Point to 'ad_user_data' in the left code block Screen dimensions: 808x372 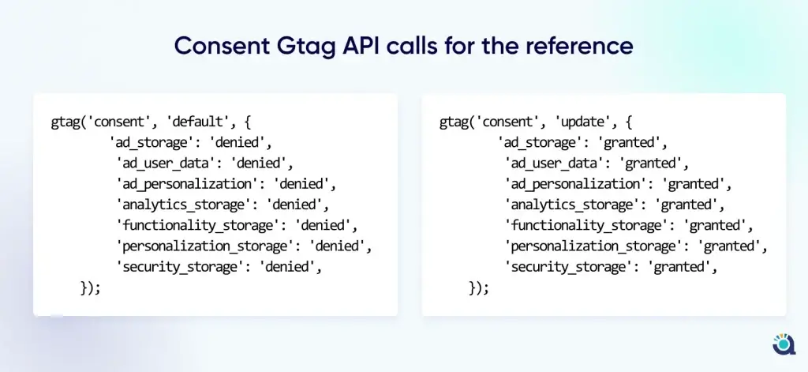(x=165, y=163)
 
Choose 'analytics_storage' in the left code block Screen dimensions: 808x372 (x=183, y=205)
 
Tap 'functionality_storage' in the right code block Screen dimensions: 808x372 (x=585, y=225)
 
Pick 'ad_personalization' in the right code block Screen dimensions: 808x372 (x=575, y=184)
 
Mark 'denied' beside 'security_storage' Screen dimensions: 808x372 (x=288, y=267)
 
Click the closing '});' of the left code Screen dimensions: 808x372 (x=90, y=288)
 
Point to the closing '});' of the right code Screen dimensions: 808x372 (x=479, y=288)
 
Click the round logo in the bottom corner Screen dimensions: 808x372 (x=784, y=344)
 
